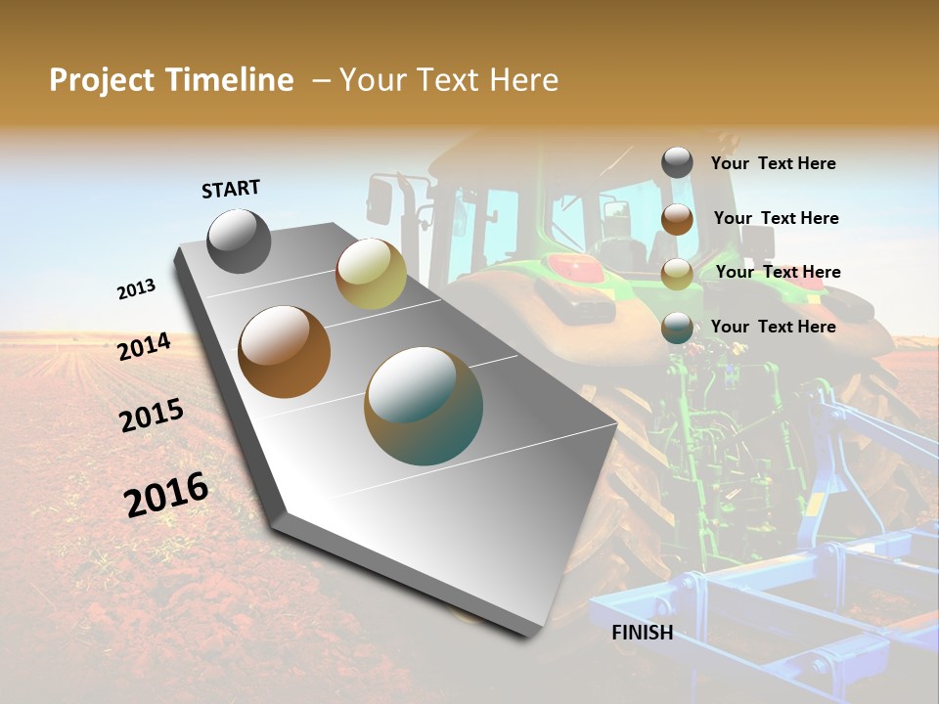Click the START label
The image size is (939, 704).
(231, 189)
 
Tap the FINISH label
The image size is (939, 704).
(643, 633)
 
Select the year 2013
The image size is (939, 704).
(136, 289)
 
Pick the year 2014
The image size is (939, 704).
(144, 347)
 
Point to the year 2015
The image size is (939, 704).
(152, 416)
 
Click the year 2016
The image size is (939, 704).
(166, 494)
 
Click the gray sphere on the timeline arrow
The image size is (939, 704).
(240, 242)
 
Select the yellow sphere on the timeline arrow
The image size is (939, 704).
(371, 274)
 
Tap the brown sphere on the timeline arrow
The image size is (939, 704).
(285, 352)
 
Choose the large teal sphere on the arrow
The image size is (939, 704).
(424, 406)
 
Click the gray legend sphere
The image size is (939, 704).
(677, 163)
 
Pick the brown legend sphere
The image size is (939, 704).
(677, 219)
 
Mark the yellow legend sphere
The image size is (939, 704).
(677, 274)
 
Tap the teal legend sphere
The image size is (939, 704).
(677, 328)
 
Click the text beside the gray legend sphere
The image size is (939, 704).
(773, 164)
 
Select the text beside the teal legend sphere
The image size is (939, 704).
(773, 327)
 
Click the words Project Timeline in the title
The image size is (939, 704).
(171, 80)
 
